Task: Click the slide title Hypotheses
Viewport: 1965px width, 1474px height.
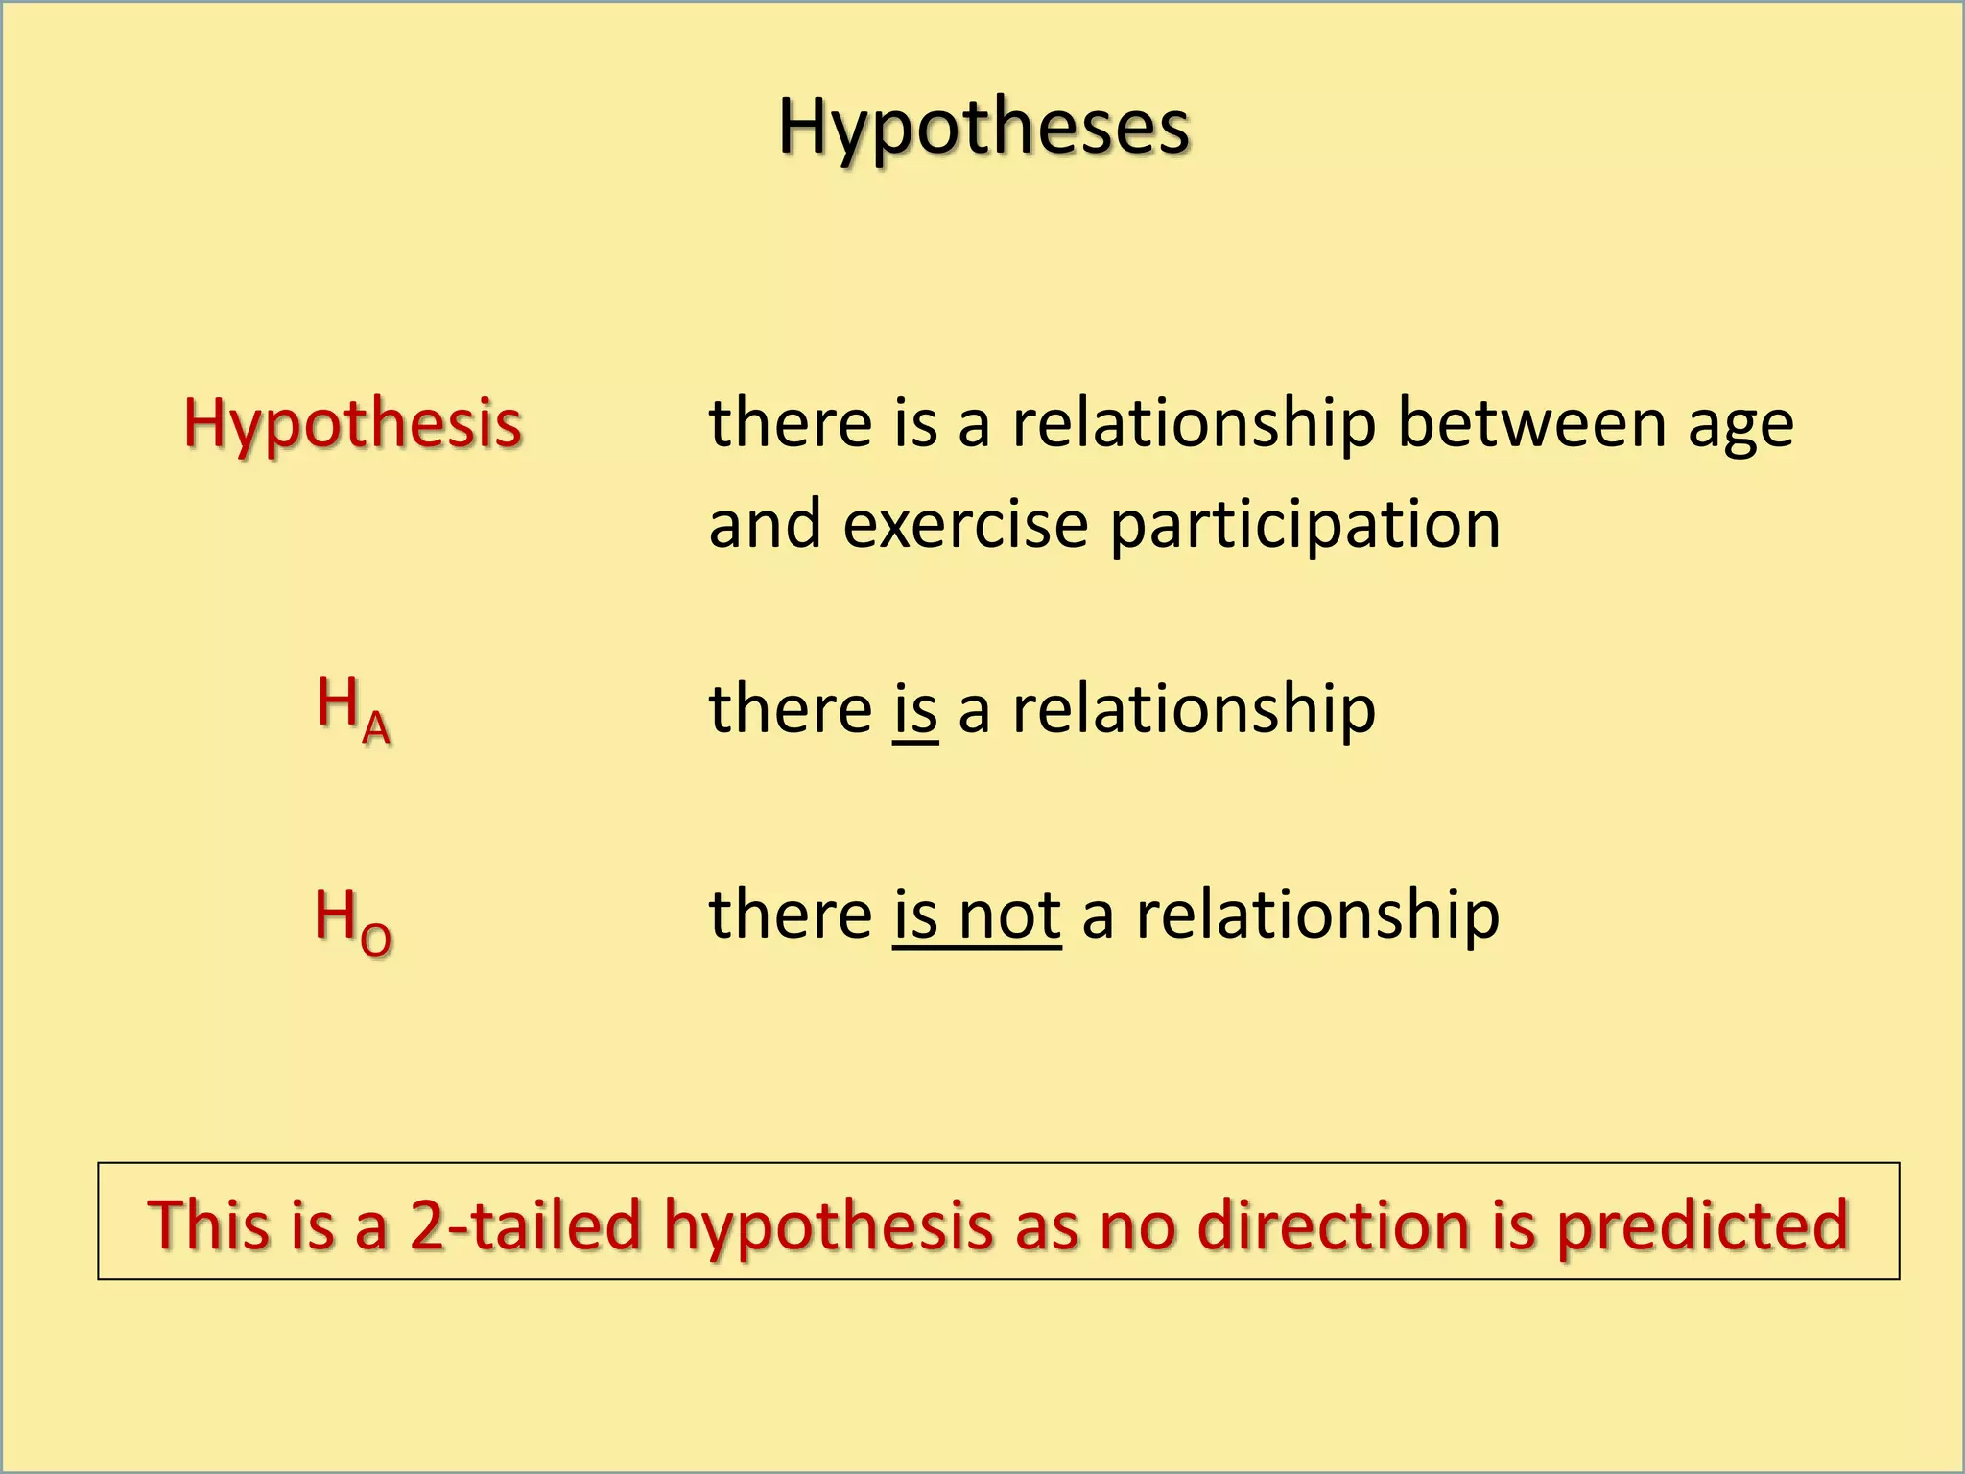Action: click(983, 127)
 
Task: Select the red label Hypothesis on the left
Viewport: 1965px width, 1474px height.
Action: click(352, 423)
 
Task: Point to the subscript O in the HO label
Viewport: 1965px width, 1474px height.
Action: click(376, 938)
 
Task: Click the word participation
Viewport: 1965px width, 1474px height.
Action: click(1305, 526)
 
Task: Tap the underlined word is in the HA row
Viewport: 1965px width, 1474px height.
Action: click(914, 709)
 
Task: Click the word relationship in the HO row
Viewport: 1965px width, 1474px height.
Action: click(1317, 915)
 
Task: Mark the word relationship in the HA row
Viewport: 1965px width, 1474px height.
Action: click(1194, 709)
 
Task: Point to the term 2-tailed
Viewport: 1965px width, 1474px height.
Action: click(525, 1225)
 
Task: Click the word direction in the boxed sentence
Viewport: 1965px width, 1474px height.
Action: click(1334, 1225)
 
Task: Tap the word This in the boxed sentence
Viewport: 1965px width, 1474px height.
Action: click(209, 1225)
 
